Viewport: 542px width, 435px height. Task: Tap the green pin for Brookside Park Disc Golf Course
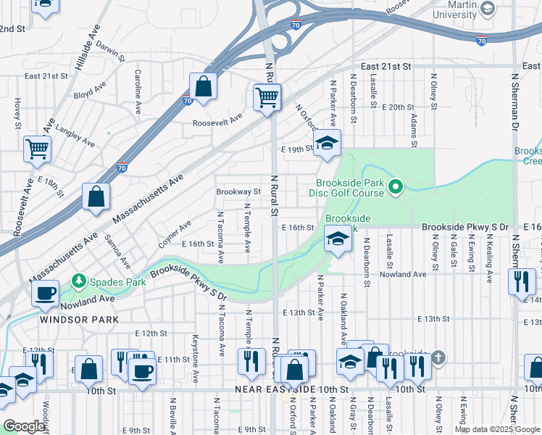click(x=395, y=188)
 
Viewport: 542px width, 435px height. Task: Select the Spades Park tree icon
click(x=78, y=281)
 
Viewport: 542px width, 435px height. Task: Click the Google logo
click(x=25, y=427)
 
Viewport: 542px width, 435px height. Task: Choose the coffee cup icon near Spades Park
click(x=45, y=294)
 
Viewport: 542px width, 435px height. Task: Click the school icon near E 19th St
click(x=326, y=143)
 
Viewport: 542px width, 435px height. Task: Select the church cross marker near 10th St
click(x=438, y=360)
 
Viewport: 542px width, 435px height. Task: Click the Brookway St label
click(x=238, y=192)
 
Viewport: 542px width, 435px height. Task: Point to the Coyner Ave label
click(x=175, y=234)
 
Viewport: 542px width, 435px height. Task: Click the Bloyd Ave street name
click(x=90, y=94)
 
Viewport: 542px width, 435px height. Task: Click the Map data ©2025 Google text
click(x=498, y=429)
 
